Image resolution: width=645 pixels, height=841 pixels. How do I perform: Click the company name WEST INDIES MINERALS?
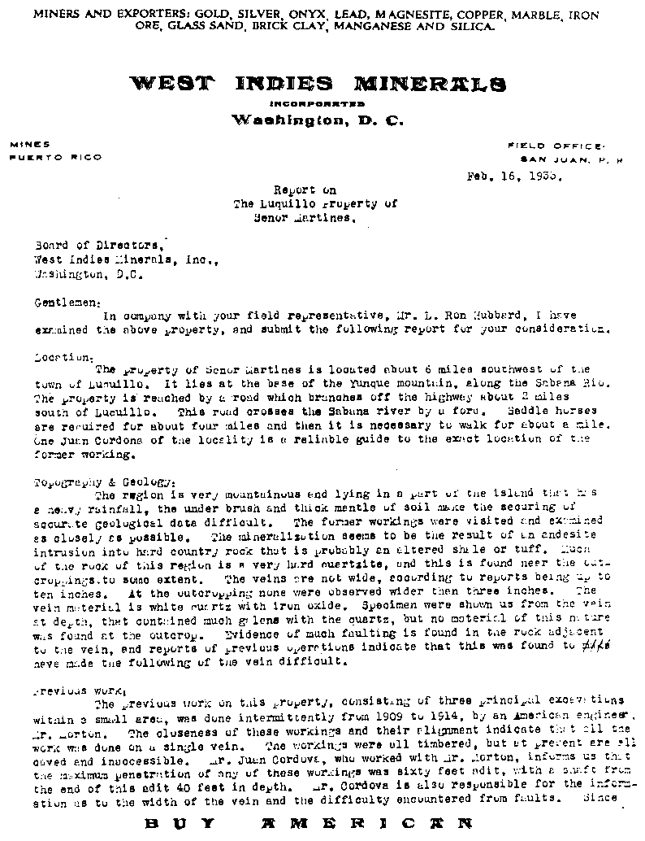(318, 84)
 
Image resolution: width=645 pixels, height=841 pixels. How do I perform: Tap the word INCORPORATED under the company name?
(317, 104)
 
